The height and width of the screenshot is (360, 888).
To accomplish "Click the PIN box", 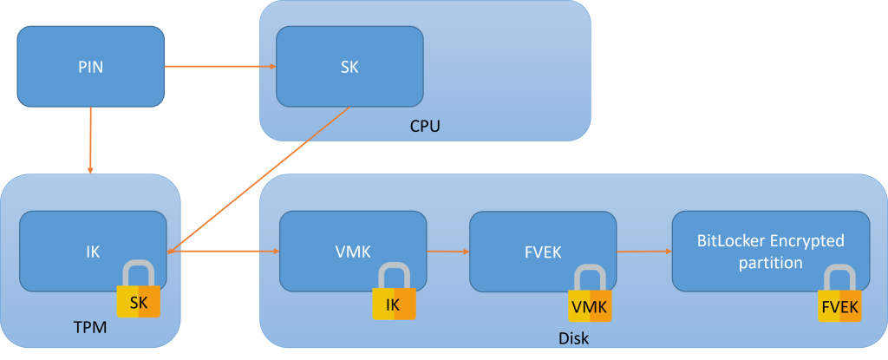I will pos(90,66).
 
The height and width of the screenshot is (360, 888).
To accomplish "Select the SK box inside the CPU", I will pos(349,66).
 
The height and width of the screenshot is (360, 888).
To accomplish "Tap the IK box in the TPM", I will pos(93,252).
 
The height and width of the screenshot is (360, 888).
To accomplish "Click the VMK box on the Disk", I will pos(352,252).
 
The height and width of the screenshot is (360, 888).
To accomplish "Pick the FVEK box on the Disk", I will pos(542,252).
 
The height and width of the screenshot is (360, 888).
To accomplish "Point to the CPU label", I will pos(425,127).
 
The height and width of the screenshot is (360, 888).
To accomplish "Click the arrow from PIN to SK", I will pos(220,66).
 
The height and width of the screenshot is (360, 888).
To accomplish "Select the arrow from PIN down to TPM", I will pos(90,139).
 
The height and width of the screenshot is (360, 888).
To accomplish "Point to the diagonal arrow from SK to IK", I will pos(260,179).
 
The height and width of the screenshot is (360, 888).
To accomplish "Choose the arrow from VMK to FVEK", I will pos(447,252).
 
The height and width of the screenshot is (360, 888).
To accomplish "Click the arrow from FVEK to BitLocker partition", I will pos(643,252).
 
